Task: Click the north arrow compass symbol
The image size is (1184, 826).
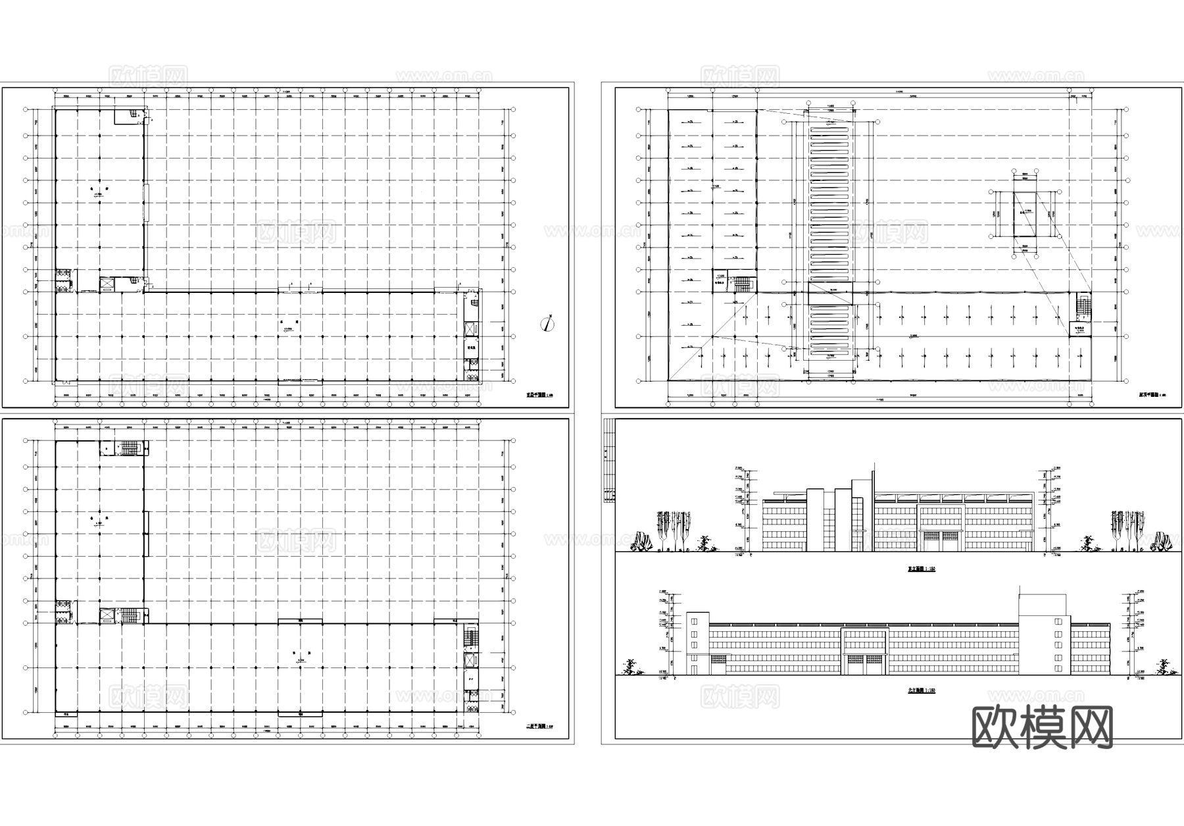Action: point(547,323)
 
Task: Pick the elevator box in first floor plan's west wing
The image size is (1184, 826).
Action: point(107,284)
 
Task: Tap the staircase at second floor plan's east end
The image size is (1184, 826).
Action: point(470,638)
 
